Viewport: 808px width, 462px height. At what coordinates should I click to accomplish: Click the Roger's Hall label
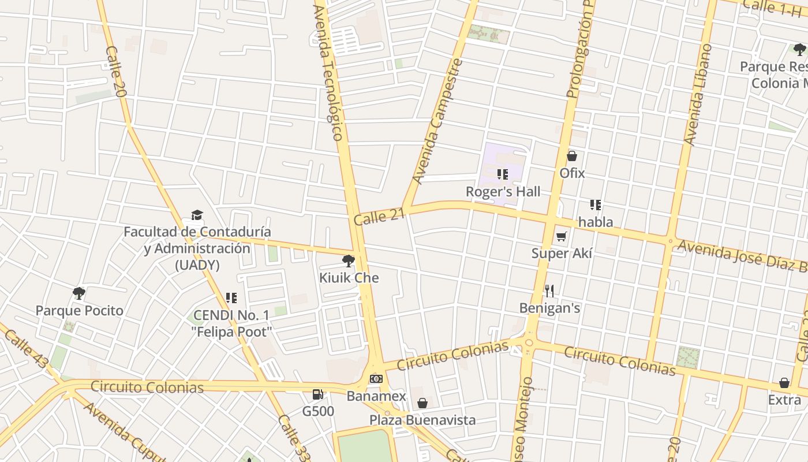click(503, 192)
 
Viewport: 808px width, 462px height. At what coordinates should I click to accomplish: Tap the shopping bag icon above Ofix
click(572, 156)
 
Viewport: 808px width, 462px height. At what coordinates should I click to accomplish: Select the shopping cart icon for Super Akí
click(562, 236)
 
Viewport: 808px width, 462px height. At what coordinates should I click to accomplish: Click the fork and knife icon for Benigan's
click(549, 291)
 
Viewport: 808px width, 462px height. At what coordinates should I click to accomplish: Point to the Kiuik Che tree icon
click(349, 261)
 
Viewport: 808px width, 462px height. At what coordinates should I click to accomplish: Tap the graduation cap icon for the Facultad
click(197, 215)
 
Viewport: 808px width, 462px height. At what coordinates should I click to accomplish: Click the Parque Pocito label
click(80, 311)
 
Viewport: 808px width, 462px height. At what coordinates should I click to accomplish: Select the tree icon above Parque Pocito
click(79, 293)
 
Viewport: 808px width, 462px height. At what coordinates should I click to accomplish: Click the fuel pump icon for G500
click(317, 395)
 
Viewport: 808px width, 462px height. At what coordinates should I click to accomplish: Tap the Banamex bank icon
click(376, 379)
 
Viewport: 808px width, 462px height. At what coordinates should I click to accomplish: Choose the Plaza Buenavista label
click(422, 420)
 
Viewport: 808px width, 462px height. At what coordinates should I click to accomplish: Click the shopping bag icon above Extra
click(784, 383)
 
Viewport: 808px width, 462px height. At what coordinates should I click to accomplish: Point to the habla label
click(596, 222)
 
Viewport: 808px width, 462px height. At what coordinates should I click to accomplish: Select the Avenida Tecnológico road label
click(329, 72)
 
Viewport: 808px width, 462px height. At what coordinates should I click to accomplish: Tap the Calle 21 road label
click(379, 217)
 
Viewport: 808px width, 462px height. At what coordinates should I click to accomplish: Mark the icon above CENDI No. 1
click(231, 298)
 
